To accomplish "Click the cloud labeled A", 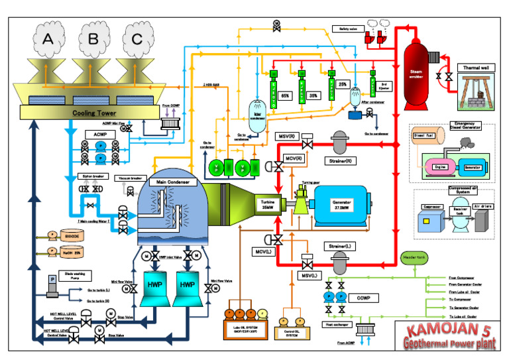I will [x=47, y=38].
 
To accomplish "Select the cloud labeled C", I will [x=137, y=38].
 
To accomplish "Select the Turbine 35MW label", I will [x=267, y=205].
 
